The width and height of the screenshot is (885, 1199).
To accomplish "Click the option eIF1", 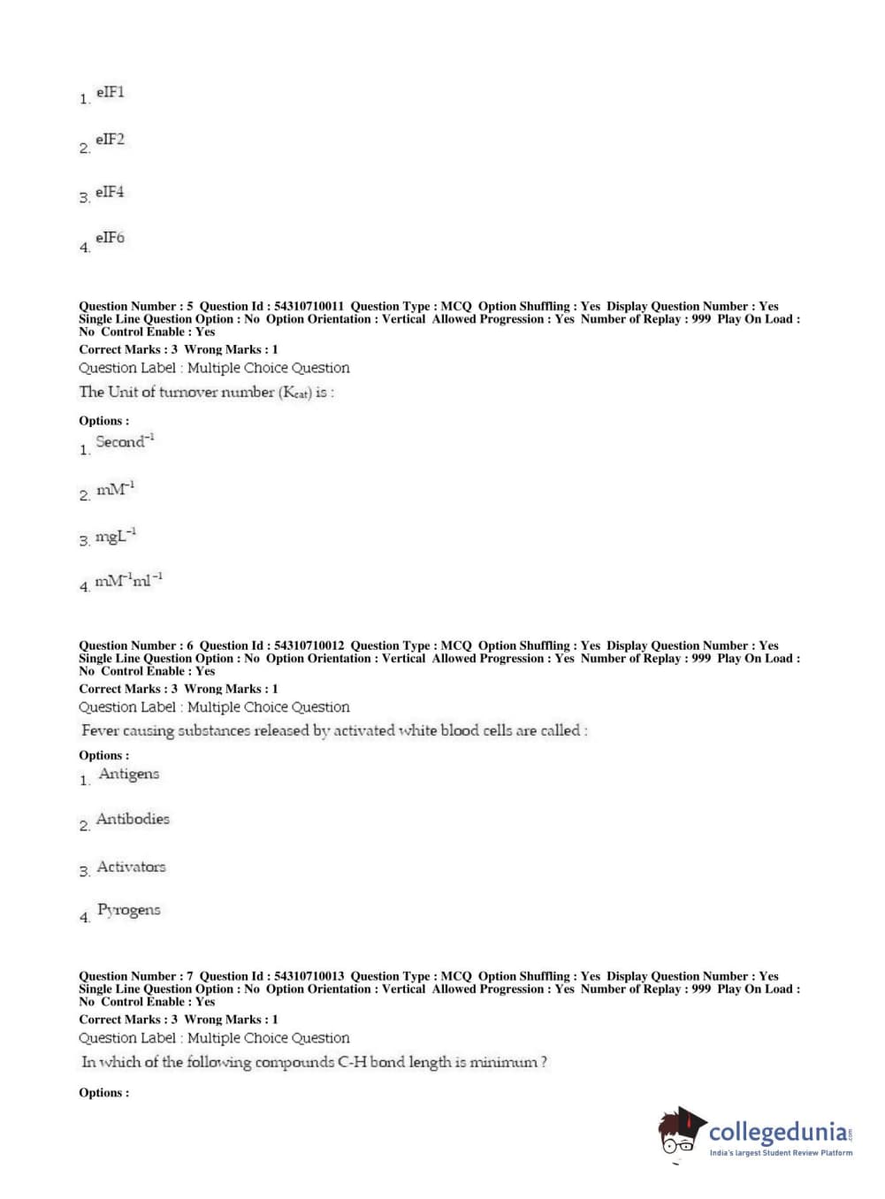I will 110,92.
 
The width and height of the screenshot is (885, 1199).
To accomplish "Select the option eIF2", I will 110,140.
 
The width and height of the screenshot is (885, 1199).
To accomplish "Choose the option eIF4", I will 110,192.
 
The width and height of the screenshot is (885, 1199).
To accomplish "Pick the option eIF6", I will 110,238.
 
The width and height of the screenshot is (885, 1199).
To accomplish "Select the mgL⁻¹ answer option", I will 116,536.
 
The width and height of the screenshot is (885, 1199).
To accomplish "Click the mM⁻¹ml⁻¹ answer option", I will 128,581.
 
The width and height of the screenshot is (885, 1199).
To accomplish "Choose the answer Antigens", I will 129,774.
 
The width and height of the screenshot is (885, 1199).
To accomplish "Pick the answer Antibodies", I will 133,819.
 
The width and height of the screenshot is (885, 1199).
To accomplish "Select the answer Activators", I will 131,867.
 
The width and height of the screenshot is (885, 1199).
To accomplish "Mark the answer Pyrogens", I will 129,910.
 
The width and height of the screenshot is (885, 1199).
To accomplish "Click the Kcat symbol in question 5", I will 295,393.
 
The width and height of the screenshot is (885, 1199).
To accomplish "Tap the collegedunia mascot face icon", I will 680,1132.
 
